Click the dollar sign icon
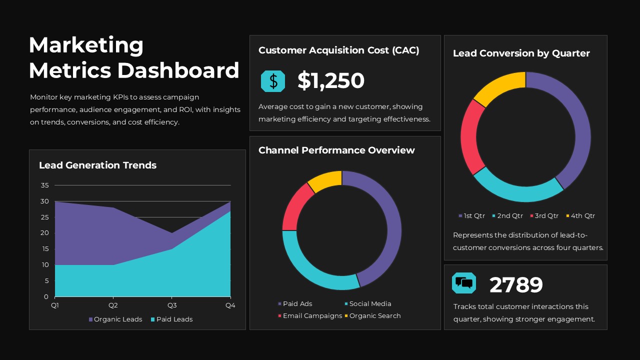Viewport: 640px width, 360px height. [273, 81]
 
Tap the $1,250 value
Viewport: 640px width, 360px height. [330, 81]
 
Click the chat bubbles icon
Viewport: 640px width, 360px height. [464, 283]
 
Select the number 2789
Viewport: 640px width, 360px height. [515, 285]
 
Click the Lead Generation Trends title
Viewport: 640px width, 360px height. [97, 165]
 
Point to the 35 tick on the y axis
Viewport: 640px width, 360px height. [44, 185]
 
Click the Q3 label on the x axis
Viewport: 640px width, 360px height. [171, 305]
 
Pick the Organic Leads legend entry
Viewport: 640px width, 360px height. [115, 319]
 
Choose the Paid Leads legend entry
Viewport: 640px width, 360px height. [171, 319]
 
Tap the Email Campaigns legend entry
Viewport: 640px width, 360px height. [309, 315]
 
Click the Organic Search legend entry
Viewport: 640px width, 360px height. [372, 315]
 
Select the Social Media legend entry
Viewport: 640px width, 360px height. [367, 303]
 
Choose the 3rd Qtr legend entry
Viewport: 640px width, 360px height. [544, 215]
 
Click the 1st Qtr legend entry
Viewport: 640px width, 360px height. [471, 215]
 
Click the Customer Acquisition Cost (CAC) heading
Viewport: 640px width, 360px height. [338, 50]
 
